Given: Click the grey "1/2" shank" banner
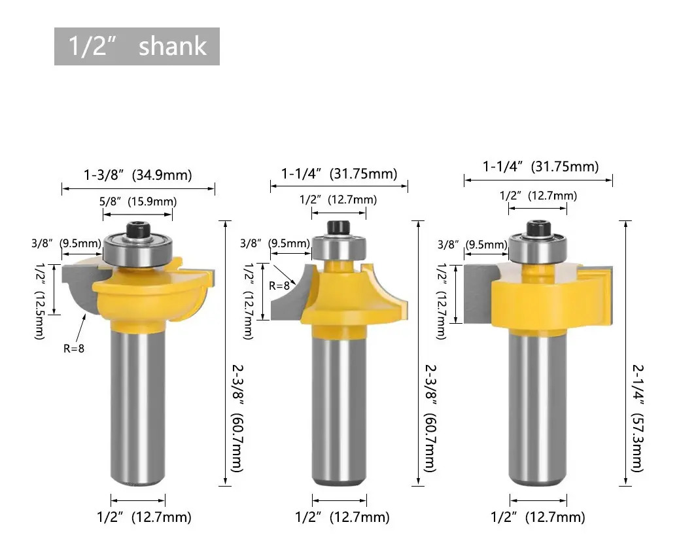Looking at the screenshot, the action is (x=137, y=46).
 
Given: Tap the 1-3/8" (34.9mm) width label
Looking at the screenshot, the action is (x=138, y=175).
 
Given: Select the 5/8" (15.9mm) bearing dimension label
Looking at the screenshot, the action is (x=138, y=201).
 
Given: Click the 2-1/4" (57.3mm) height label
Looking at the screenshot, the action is (x=637, y=418).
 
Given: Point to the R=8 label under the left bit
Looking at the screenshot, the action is (x=74, y=349).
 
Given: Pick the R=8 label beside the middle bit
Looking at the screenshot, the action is (x=279, y=286).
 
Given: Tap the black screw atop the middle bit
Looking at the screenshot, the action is (x=339, y=228).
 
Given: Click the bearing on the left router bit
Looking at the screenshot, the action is (x=138, y=250).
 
